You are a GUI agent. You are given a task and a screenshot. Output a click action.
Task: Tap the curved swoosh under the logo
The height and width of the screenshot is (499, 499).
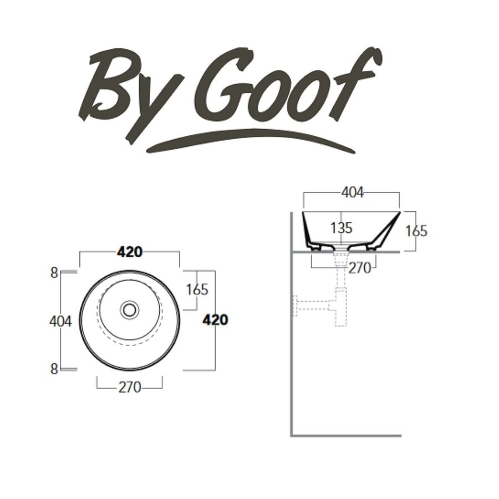coord(249,140)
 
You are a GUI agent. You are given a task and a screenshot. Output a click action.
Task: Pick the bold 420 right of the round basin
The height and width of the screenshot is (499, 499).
coord(215,320)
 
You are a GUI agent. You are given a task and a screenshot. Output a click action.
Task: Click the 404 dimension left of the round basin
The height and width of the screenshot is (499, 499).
coord(61,321)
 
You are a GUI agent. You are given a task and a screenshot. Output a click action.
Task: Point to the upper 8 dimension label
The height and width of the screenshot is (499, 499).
coord(54,272)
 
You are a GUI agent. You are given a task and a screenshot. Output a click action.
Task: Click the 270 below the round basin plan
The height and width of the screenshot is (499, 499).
coord(129,387)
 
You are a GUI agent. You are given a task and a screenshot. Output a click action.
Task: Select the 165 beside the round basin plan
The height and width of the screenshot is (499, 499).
coord(197,289)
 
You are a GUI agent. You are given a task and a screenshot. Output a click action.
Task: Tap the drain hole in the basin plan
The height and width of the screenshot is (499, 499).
coord(130,309)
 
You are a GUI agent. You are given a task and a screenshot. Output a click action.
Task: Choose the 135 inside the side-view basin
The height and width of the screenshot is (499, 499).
coord(342,228)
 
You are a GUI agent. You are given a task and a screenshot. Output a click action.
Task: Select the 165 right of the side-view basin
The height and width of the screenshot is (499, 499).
coord(416,231)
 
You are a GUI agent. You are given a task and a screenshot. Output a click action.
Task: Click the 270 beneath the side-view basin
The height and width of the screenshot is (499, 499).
coord(360,268)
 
